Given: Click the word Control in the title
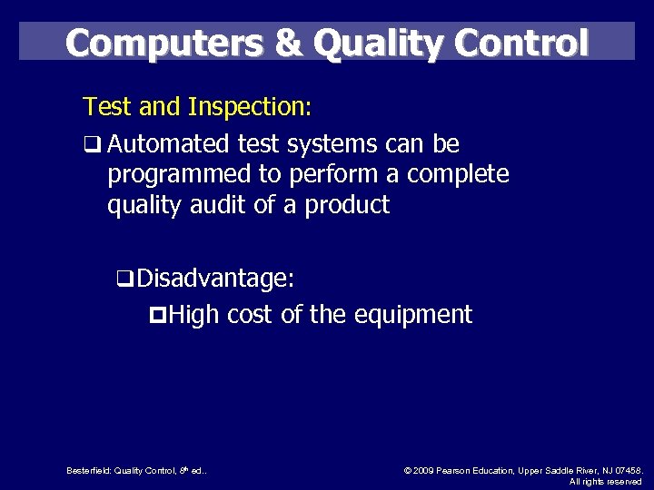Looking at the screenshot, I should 527,42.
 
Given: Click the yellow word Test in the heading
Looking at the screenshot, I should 104,108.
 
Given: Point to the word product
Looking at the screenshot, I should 347,206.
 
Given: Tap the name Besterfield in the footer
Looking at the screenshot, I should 88,470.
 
